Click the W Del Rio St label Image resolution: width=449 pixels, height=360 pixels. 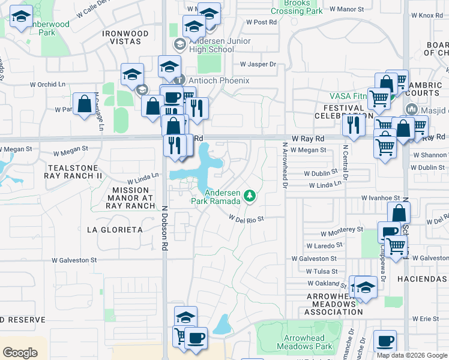tap(247, 219)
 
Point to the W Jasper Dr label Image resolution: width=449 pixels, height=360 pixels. tap(258, 64)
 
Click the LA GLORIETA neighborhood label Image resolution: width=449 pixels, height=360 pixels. tap(115, 229)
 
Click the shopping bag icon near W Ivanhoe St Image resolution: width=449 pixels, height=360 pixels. tap(399, 212)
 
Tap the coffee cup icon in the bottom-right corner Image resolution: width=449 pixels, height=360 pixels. tap(385, 341)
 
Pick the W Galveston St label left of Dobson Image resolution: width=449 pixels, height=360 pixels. tap(74, 260)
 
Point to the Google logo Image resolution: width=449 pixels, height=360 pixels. tap(20, 353)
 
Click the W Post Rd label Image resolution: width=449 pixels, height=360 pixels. tap(261, 22)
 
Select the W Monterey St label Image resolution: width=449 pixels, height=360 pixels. tap(342, 230)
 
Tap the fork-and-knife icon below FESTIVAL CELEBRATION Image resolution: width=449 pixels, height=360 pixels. tap(353, 125)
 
